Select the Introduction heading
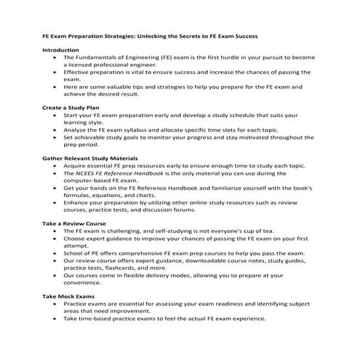[x=60, y=49]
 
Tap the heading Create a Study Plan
[x=71, y=108]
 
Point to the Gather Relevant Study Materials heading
[x=90, y=157]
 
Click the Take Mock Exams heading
[x=68, y=297]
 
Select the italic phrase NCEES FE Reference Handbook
[x=127, y=173]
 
